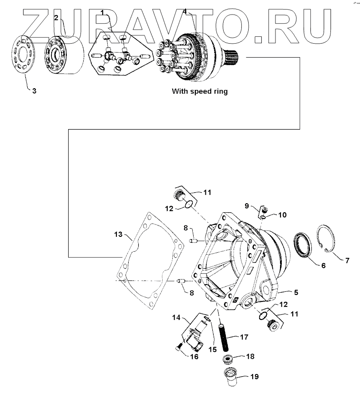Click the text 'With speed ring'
pos(199,91)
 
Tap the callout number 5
pos(296,292)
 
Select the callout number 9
pos(247,205)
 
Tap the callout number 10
pos(282,215)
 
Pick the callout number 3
pos(34,90)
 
